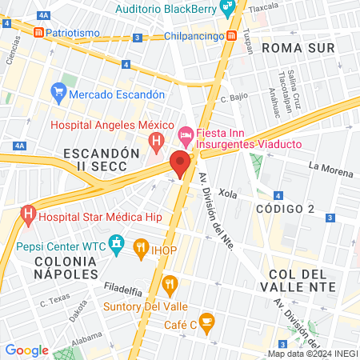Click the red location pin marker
coord(180,163)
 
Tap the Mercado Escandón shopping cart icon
coord(58,93)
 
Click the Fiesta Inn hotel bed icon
coord(186,134)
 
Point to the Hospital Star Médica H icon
coord(28,215)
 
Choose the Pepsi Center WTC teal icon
coord(117,242)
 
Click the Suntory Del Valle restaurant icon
coord(169,284)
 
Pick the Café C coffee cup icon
coord(207,323)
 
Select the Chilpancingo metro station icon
coord(231,36)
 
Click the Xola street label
coord(228,194)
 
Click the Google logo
coord(26,350)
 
